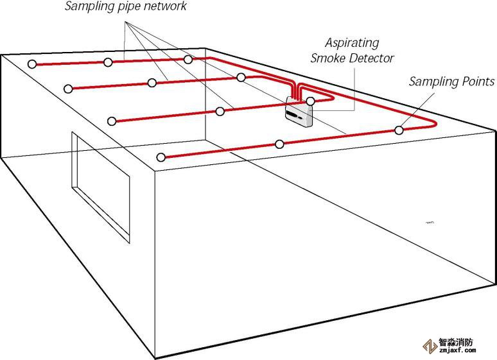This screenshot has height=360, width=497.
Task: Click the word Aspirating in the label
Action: pyautogui.click(x=351, y=44)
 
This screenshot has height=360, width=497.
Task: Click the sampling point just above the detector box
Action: pyautogui.click(x=310, y=101)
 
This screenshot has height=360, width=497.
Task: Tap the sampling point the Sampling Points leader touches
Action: pyautogui.click(x=399, y=130)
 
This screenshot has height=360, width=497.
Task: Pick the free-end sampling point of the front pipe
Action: pyautogui.click(x=161, y=157)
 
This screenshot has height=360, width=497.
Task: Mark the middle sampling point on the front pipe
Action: pyautogui.click(x=279, y=144)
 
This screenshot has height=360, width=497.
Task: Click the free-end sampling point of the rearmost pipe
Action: pyautogui.click(x=31, y=64)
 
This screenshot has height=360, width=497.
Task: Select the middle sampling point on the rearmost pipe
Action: pyautogui.click(x=108, y=62)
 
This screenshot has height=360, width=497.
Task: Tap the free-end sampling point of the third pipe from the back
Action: pyautogui.click(x=112, y=121)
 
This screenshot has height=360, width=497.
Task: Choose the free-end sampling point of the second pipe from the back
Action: pyautogui.click(x=67, y=88)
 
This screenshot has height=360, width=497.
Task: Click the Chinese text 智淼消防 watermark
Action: pyautogui.click(x=457, y=343)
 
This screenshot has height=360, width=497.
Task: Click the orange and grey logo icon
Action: pyautogui.click(x=428, y=347)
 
